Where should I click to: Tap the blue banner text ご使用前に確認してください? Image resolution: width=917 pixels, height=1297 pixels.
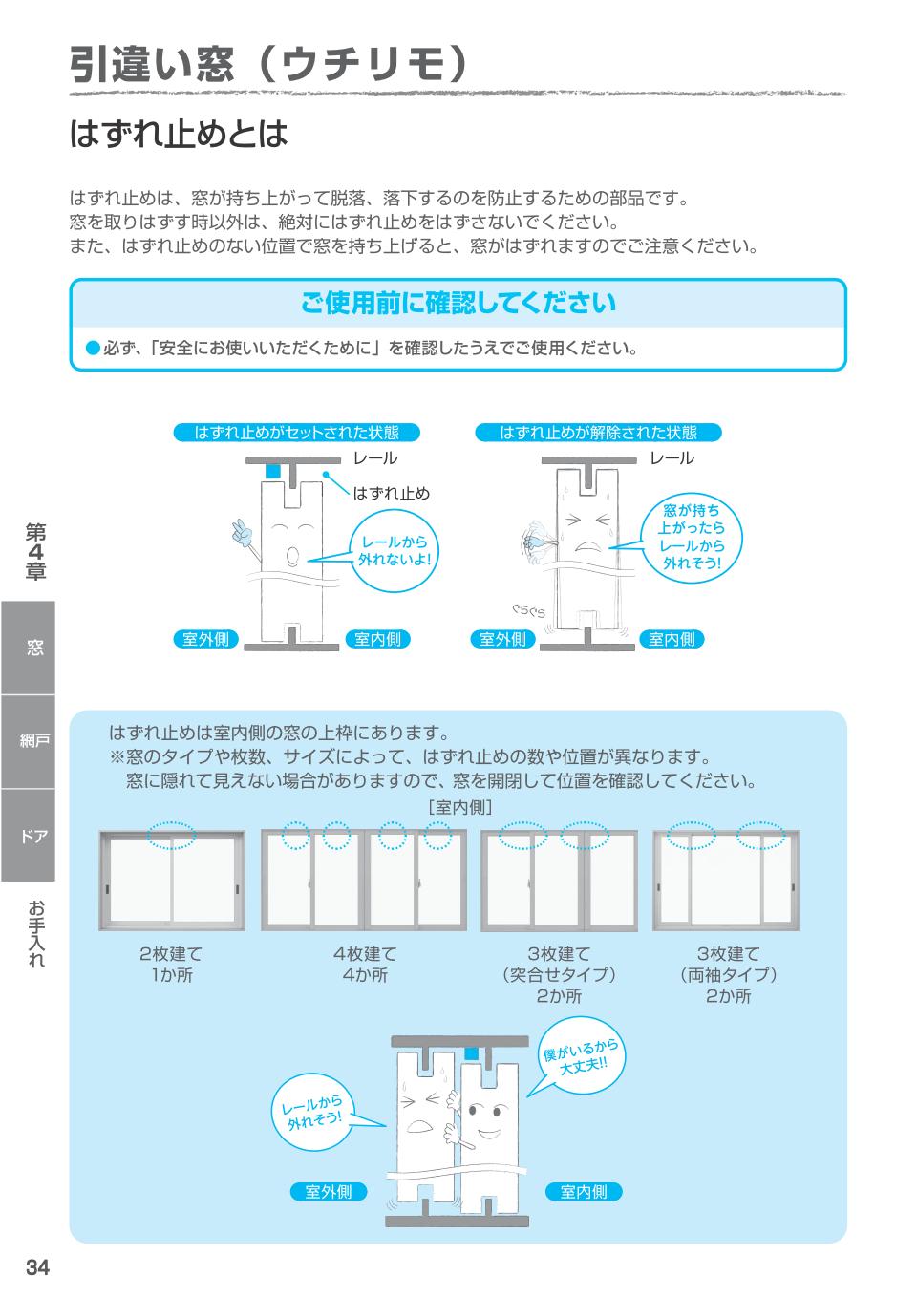458,304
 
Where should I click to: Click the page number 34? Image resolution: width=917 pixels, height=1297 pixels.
37,1268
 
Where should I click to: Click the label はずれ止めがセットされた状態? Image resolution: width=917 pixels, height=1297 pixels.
296,433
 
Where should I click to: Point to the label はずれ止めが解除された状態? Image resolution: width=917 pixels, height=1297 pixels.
598,433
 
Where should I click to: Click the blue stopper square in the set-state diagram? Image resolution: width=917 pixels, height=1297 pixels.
273,472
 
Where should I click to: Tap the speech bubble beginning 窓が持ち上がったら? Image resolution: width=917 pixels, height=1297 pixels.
693,538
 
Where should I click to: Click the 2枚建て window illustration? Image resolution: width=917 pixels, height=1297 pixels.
172,881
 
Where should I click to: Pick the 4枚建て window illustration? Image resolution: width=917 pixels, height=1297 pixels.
364,881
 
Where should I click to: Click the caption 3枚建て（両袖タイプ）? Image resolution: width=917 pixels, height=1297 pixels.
728,974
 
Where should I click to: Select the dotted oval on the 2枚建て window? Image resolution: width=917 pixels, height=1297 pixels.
172,837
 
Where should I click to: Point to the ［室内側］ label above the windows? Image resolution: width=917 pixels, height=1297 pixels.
459,808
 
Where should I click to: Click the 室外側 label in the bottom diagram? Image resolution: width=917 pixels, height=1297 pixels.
328,1191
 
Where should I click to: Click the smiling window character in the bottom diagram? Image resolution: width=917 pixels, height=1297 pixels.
488,1127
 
